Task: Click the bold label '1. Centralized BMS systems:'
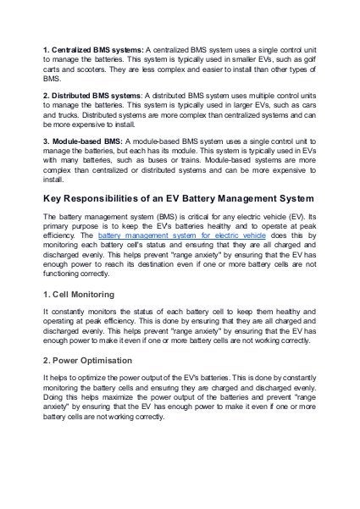click(94, 52)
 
